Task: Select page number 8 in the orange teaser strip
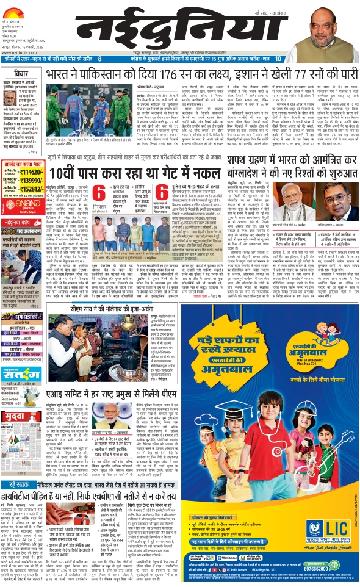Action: (x=100, y=59)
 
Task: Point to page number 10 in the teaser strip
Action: (x=278, y=59)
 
